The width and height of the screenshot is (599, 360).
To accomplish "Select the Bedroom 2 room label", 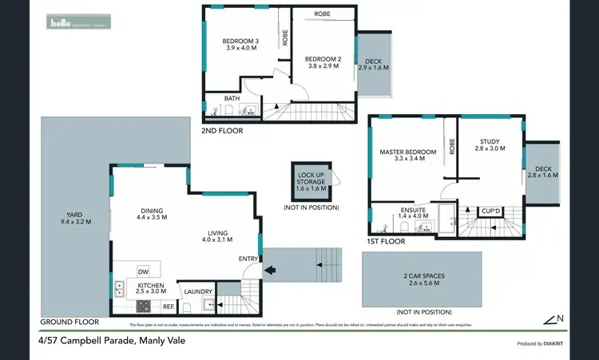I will click(323, 62).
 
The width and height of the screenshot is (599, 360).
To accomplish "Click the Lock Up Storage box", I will click(312, 183).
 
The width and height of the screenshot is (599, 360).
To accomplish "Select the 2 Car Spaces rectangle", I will click(422, 279).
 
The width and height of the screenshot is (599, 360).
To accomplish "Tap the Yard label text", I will click(76, 218).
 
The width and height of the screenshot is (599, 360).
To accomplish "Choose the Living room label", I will click(216, 235).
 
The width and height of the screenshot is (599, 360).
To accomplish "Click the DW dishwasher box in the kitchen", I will click(144, 271).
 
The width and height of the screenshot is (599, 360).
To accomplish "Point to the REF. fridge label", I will click(169, 306).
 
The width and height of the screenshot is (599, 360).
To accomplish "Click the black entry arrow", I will click(272, 270).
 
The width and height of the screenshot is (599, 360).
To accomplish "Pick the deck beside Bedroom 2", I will click(375, 65).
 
